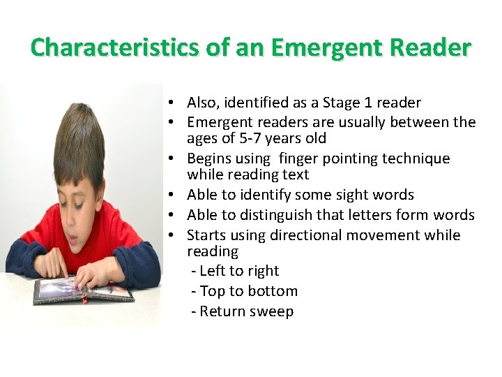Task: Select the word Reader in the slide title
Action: (430, 47)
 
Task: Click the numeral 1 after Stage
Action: (368, 103)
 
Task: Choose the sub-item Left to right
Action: (235, 271)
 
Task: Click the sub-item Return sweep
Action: (243, 311)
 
